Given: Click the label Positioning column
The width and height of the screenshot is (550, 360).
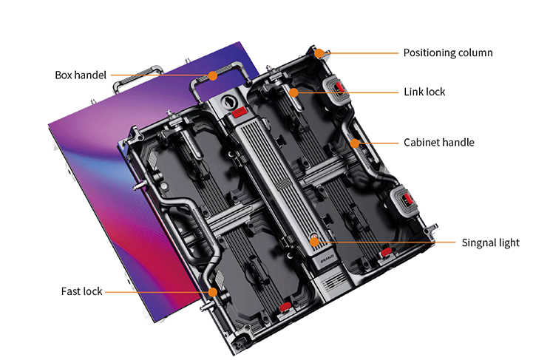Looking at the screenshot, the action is pyautogui.click(x=448, y=52).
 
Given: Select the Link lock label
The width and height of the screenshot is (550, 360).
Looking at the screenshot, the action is pyautogui.click(x=424, y=92).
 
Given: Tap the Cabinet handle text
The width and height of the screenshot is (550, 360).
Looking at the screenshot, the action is pyautogui.click(x=439, y=143).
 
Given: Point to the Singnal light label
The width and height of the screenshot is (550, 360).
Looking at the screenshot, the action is pyautogui.click(x=490, y=242).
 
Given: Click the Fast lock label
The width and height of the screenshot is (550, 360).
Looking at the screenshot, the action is pyautogui.click(x=82, y=291).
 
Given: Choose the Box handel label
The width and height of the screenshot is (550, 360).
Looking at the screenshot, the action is pyautogui.click(x=81, y=75).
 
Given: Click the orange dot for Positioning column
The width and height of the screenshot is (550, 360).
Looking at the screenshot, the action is pyautogui.click(x=319, y=53).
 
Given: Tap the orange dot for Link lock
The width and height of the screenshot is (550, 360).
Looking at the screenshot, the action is pyautogui.click(x=294, y=92).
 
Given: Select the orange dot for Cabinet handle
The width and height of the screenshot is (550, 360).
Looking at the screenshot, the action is pyautogui.click(x=355, y=143).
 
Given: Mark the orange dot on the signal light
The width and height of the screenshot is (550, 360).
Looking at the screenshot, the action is pyautogui.click(x=314, y=242).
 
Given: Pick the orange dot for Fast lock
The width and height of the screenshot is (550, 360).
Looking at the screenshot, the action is pyautogui.click(x=213, y=292).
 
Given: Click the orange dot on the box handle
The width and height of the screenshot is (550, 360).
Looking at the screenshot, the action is pyautogui.click(x=212, y=75).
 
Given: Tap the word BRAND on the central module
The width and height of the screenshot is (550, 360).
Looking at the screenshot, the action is pyautogui.click(x=327, y=259).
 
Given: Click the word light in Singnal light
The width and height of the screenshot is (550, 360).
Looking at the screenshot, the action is pyautogui.click(x=508, y=242).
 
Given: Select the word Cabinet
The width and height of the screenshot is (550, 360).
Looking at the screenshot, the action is pyautogui.click(x=419, y=143).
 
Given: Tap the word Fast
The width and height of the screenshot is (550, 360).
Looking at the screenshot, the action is pyautogui.click(x=71, y=291).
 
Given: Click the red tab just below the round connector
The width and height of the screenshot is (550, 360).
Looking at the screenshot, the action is pyautogui.click(x=239, y=112).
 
